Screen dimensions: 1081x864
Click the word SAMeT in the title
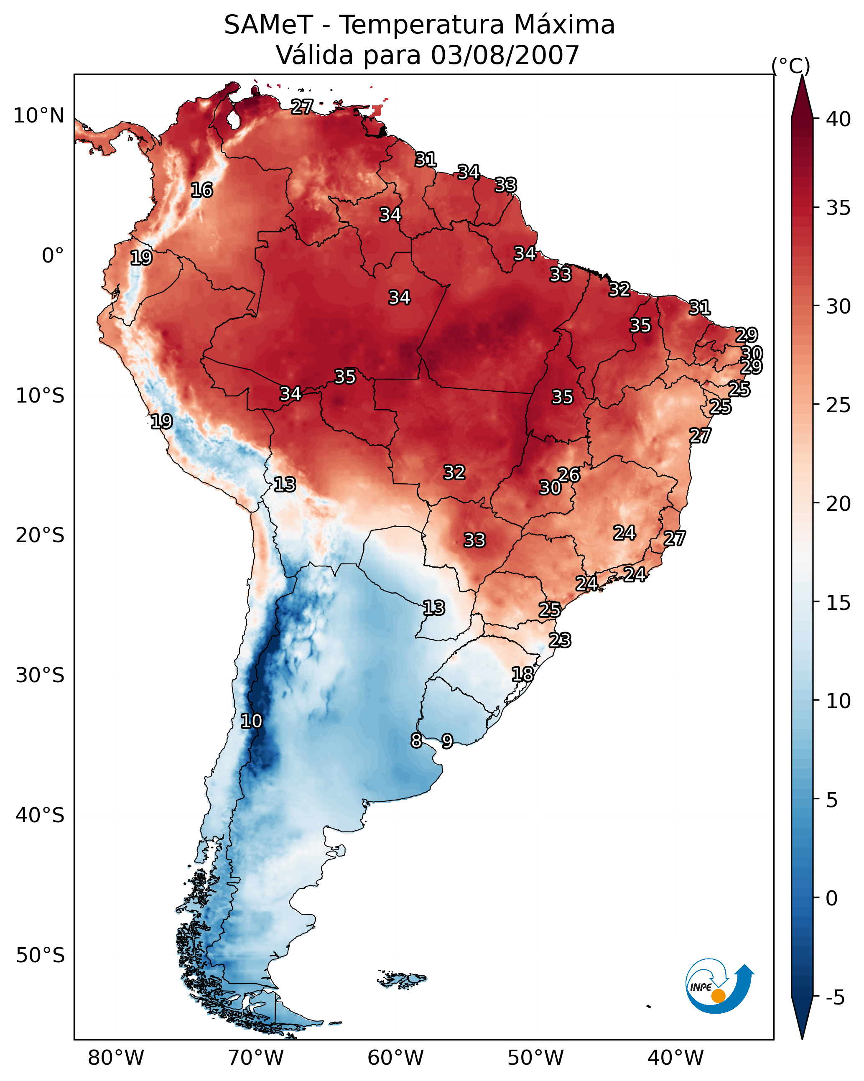tap(268, 25)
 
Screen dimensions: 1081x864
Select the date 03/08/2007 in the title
tap(505, 55)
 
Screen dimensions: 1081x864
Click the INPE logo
tap(719, 987)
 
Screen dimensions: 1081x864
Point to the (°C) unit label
tap(790, 66)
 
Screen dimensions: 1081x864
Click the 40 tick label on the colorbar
tap(838, 119)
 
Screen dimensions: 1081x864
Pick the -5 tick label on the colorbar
tap(835, 998)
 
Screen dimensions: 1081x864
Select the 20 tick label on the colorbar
tap(838, 503)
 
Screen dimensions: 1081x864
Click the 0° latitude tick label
tap(53, 256)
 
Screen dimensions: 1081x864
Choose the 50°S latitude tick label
tap(40, 956)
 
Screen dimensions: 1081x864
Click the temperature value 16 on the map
tap(201, 190)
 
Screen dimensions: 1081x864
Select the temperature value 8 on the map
tap(416, 741)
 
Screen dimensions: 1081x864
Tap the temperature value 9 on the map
tap(447, 741)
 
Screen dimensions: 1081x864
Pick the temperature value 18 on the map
tap(522, 674)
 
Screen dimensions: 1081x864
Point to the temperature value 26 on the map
tap(569, 475)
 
